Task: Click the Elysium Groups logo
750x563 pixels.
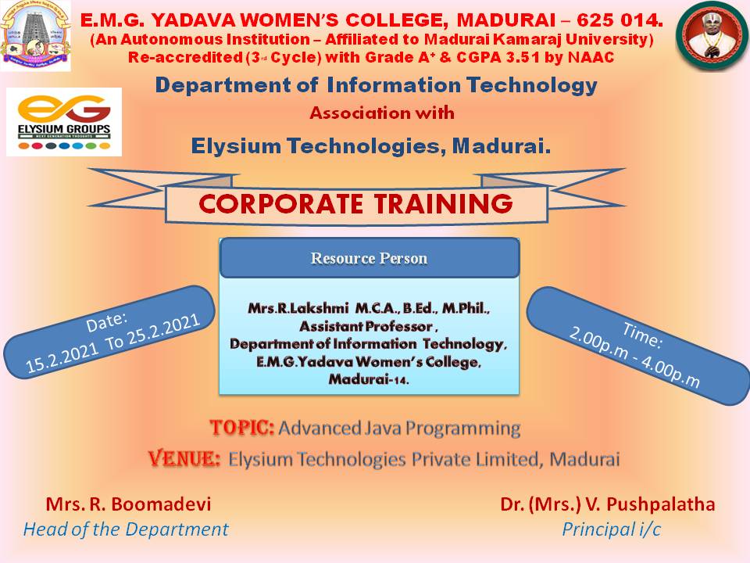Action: click(64, 122)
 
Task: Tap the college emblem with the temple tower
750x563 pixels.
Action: click(35, 36)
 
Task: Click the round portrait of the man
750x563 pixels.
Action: click(712, 36)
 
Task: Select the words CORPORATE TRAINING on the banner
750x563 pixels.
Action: click(356, 203)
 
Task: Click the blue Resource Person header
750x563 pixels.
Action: click(370, 257)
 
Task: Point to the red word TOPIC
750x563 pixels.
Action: click(241, 428)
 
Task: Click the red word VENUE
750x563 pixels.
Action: click(184, 459)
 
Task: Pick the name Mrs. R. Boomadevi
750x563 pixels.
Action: click(128, 504)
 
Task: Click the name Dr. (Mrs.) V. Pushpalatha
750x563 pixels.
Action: click(608, 504)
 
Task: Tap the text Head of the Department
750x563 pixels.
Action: click(125, 529)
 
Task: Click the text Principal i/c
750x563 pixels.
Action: click(611, 529)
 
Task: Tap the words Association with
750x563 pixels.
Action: click(382, 113)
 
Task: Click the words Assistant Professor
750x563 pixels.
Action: click(366, 326)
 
